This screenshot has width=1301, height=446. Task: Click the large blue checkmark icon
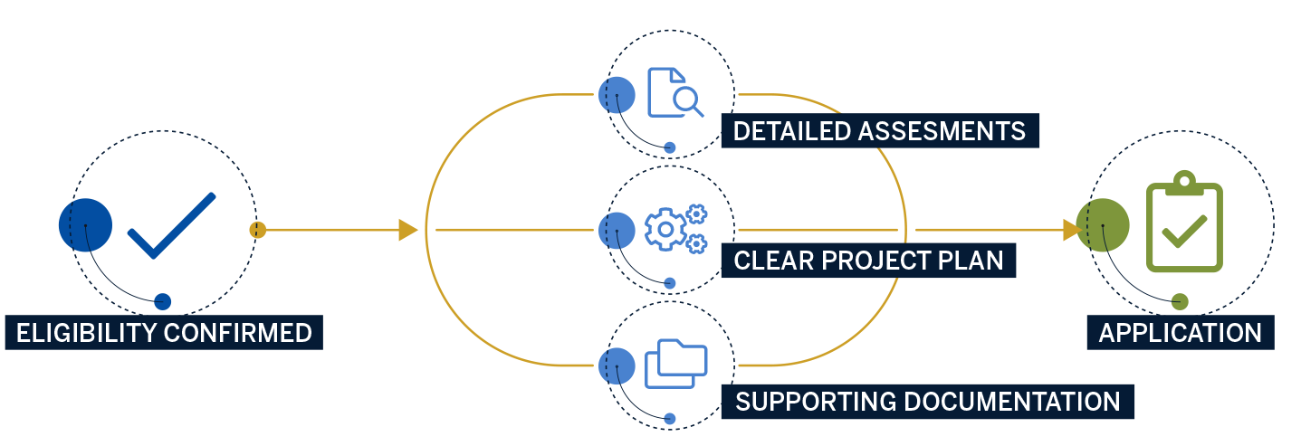pyautogui.click(x=172, y=226)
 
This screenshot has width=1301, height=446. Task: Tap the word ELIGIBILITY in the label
pyautogui.click(x=87, y=333)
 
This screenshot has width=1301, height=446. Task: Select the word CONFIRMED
pyautogui.click(x=238, y=333)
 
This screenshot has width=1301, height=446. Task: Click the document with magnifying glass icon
pyautogui.click(x=674, y=92)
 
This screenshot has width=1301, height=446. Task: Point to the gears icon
pyautogui.click(x=675, y=228)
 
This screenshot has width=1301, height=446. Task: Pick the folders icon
pyautogui.click(x=675, y=364)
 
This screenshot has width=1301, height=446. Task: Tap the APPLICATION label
pyautogui.click(x=1180, y=333)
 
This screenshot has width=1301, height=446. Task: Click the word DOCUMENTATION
pyautogui.click(x=1012, y=401)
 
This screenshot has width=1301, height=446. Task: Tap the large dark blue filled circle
pyautogui.click(x=85, y=224)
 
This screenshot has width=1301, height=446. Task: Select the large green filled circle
pyautogui.click(x=1103, y=224)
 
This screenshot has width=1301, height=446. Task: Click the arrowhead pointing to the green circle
pyautogui.click(x=1071, y=230)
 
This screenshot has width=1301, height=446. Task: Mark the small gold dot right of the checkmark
pyautogui.click(x=258, y=230)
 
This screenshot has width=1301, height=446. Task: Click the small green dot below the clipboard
pyautogui.click(x=1179, y=302)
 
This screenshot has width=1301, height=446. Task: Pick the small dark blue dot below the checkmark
pyautogui.click(x=162, y=302)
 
